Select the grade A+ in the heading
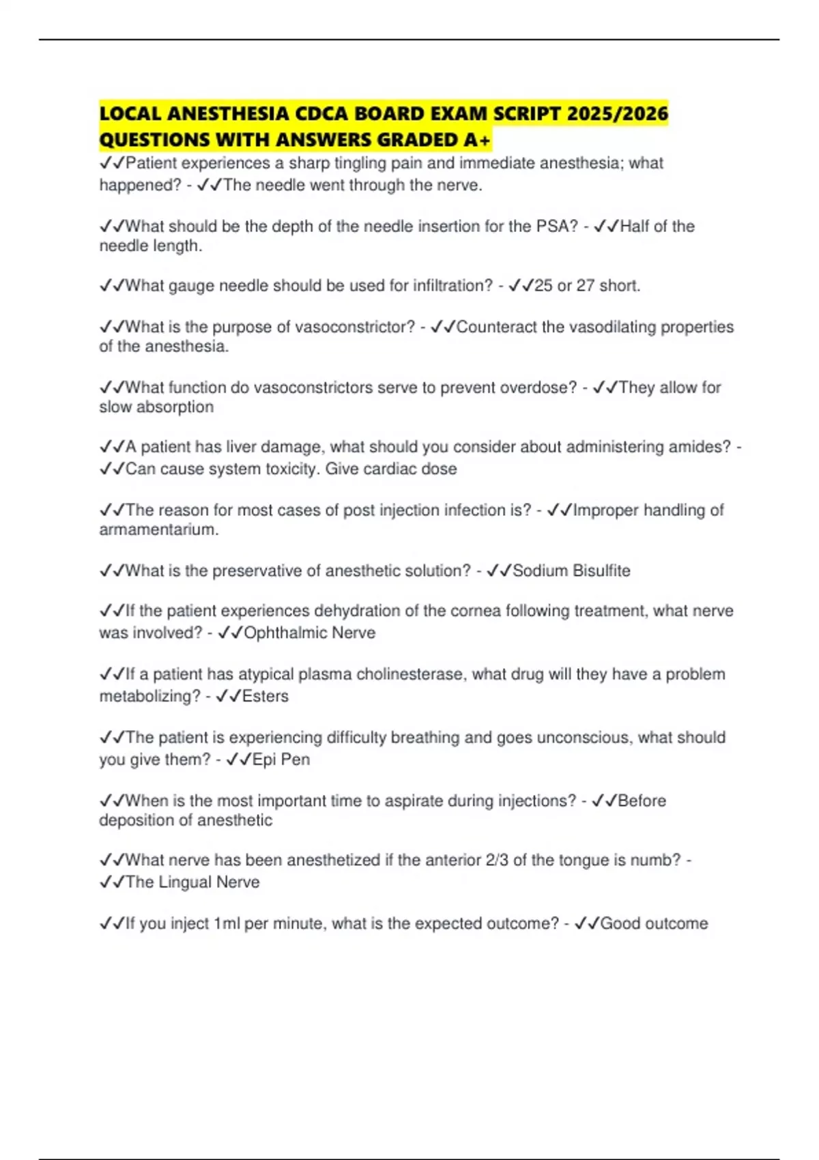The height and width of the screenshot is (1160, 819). click(476, 140)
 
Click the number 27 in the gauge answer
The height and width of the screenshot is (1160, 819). click(585, 286)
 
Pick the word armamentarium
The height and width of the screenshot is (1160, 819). click(159, 530)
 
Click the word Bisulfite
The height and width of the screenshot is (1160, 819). click(601, 570)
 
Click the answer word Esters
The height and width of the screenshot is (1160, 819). click(265, 696)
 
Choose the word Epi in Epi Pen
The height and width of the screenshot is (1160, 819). click(264, 759)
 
